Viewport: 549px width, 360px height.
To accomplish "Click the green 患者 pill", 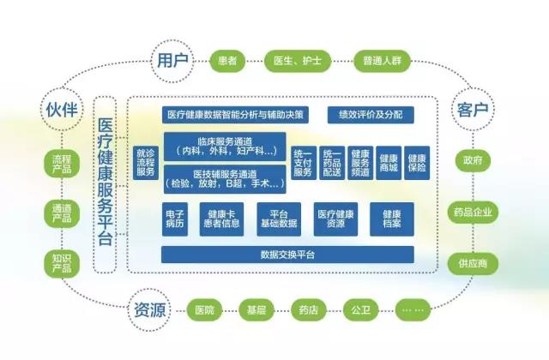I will pos(228,61).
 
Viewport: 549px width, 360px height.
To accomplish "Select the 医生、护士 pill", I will pos(296,61).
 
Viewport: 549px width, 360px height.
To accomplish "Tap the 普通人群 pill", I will pos(381,61).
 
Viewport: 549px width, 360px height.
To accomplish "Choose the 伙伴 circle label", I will pos(63,109).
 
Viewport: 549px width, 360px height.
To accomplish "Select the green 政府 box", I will pos(472,159).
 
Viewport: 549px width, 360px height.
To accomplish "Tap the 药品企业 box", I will pos(472,212).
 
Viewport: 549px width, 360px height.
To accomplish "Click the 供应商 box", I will pos(472,264).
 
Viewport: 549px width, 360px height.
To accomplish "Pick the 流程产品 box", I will pos(63,162).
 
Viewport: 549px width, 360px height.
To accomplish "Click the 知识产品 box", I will pos(63,263).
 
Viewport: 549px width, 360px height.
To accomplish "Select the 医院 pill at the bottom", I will pos(204,309).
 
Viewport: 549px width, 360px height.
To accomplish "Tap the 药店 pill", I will pos(306,309).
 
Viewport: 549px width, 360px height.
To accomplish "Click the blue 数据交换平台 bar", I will pos(287,255).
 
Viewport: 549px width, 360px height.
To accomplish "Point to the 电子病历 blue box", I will pos(175,219).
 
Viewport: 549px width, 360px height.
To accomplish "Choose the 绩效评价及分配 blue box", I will pos(370,114).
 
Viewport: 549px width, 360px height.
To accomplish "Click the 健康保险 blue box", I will pos(416,162).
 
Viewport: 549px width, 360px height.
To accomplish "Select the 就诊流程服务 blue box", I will pos(146,162).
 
